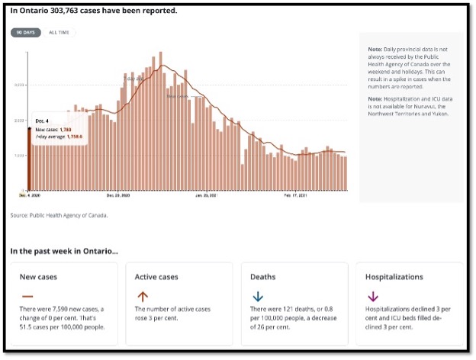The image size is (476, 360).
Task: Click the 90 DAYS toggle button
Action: [x=26, y=33]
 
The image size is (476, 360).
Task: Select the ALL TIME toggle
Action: [x=59, y=33]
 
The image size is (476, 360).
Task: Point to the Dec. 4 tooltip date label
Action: [x=42, y=121]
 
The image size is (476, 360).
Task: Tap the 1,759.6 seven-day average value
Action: [x=71, y=137]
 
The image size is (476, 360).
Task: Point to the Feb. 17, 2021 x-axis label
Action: [x=295, y=196]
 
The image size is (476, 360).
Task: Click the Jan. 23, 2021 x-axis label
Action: [x=206, y=196]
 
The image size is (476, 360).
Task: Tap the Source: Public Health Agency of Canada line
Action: [x=59, y=215]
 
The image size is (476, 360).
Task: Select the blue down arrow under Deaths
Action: [x=259, y=297]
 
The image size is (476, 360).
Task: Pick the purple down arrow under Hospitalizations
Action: [x=373, y=297]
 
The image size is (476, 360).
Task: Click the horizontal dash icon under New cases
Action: [x=27, y=296]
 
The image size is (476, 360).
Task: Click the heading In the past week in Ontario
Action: [x=64, y=250]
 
